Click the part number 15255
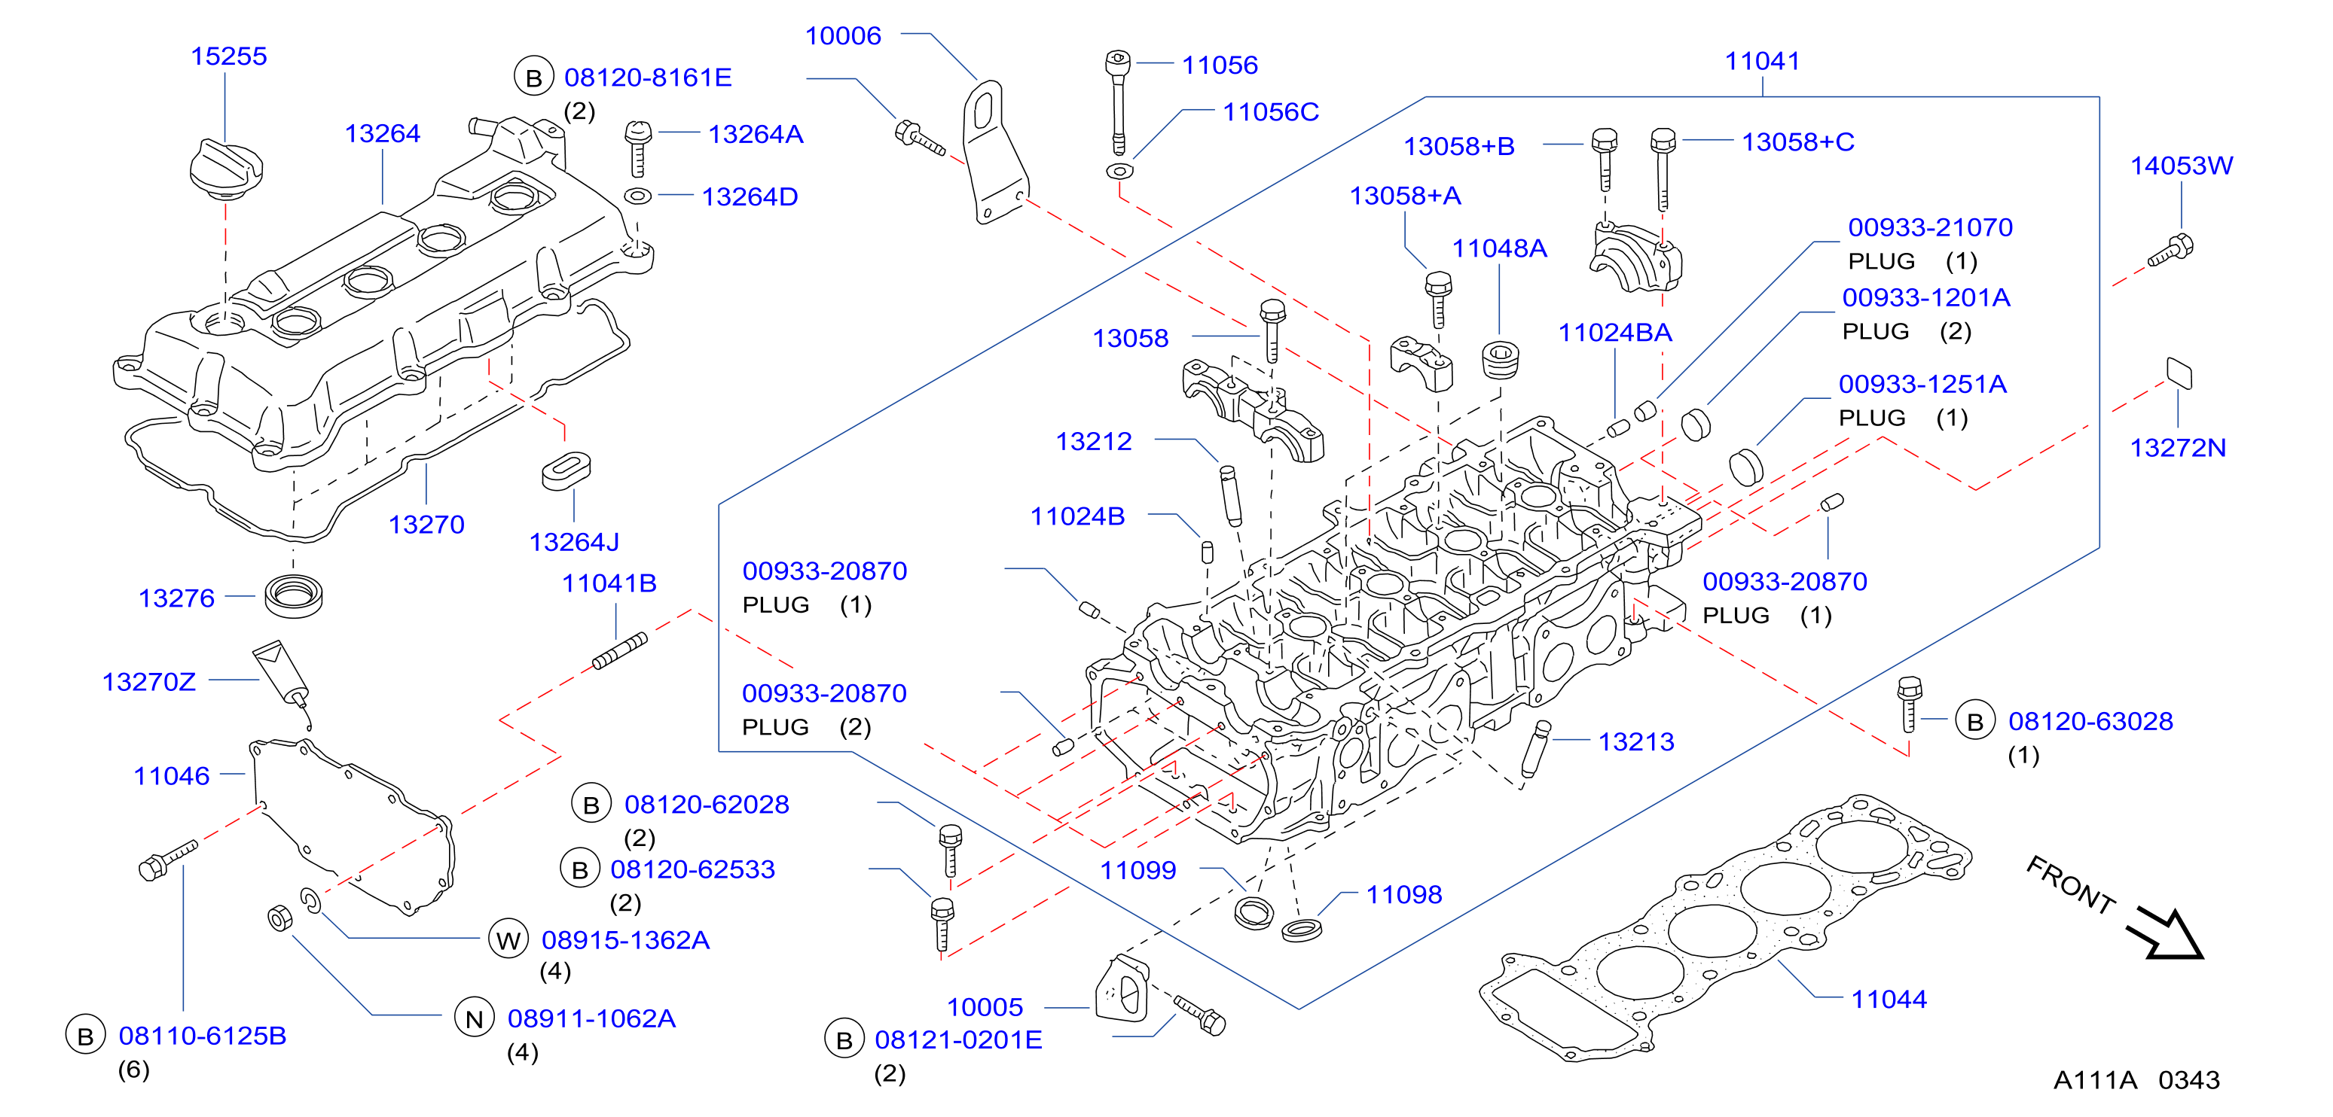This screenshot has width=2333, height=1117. (228, 56)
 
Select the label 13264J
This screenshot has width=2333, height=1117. (574, 542)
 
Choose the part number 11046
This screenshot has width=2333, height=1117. (171, 776)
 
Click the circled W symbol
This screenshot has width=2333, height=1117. (508, 939)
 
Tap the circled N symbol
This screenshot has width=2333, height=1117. (474, 1018)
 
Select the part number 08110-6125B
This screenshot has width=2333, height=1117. (202, 1036)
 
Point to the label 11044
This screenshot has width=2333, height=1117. (1889, 1000)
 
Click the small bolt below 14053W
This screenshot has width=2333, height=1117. (2171, 250)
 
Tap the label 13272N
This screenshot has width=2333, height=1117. (2177, 447)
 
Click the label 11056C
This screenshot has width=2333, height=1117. (1271, 111)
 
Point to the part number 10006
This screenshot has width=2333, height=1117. (843, 35)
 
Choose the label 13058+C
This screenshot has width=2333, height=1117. (1797, 142)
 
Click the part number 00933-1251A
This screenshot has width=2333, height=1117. (1922, 384)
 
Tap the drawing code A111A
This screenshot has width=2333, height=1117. (2095, 1080)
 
